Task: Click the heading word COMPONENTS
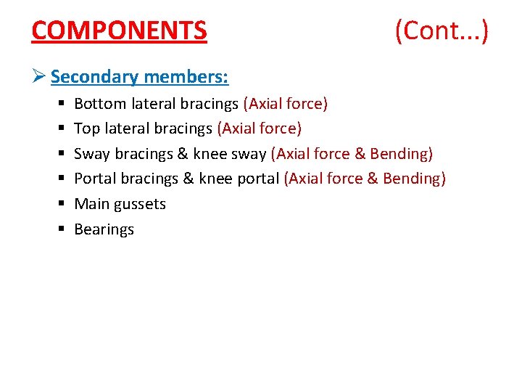[120, 30]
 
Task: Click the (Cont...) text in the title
[442, 30]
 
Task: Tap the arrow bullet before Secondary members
[40, 76]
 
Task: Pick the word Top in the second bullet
[87, 128]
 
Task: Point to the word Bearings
[104, 229]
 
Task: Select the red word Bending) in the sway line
[402, 154]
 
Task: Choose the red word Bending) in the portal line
[415, 179]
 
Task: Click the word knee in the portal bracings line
[215, 179]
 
